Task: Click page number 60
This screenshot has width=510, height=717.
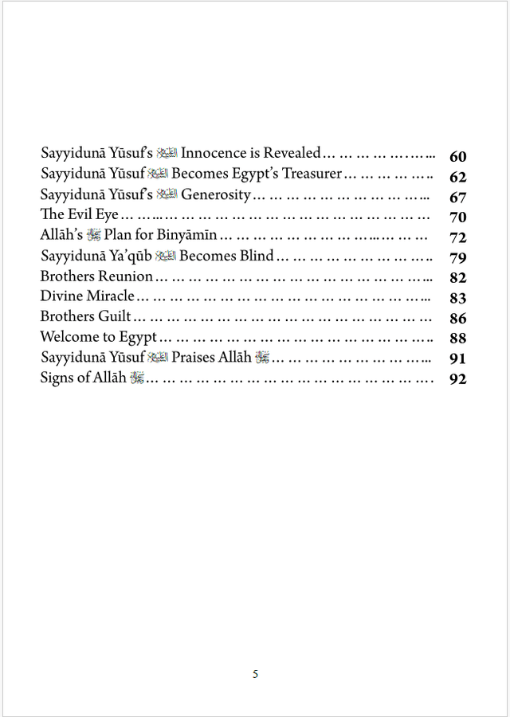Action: [457, 157]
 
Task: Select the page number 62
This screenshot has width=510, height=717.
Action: [457, 177]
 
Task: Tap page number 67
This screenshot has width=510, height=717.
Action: [457, 198]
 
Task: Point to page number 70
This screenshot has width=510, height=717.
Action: [457, 217]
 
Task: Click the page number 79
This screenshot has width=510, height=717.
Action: [457, 258]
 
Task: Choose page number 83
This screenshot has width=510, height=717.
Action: [457, 298]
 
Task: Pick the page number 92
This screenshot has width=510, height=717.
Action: [457, 378]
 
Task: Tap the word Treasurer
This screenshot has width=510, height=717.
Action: [308, 174]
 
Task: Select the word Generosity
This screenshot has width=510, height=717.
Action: [216, 194]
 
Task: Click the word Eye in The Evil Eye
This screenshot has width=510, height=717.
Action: [108, 214]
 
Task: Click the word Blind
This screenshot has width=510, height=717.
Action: [250, 256]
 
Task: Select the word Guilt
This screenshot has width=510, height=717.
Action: [115, 316]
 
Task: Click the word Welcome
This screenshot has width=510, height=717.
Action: [69, 337]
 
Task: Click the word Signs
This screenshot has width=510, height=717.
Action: [57, 378]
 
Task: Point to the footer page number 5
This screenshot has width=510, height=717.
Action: [255, 674]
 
